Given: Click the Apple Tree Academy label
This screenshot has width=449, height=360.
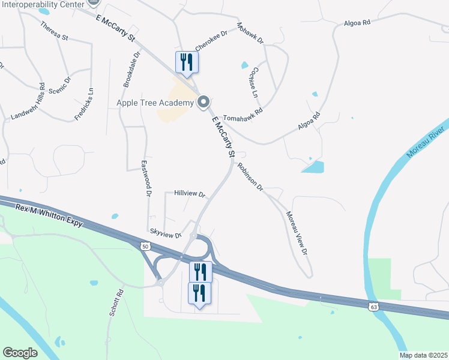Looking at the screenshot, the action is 155,103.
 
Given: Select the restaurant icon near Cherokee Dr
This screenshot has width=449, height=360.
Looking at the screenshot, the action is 185,62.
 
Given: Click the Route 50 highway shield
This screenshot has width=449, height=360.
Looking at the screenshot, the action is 145,246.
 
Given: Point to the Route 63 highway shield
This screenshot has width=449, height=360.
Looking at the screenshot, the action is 373,307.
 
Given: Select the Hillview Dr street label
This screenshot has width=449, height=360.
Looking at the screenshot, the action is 190,195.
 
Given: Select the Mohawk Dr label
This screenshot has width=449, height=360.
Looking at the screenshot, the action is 250,33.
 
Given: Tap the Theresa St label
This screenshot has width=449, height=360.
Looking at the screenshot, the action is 55,31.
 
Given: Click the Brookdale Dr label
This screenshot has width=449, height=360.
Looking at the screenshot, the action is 131,70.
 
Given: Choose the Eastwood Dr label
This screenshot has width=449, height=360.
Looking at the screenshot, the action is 145,178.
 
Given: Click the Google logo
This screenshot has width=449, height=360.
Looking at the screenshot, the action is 20,353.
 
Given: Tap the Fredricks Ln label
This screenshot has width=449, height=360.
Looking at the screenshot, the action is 84,103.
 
